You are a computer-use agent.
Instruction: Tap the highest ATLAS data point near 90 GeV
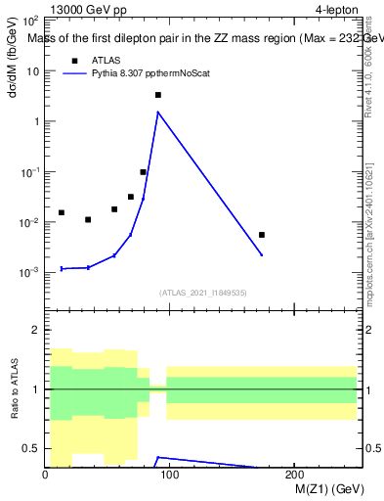tap(157, 95)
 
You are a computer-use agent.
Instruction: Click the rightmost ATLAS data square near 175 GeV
tap(262, 235)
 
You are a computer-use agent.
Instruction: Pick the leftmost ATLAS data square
tap(62, 212)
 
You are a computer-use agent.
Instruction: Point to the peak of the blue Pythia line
tap(157, 112)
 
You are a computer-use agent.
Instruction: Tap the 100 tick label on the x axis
tap(169, 476)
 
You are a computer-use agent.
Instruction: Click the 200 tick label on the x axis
tap(293, 476)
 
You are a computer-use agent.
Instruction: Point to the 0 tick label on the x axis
tap(45, 476)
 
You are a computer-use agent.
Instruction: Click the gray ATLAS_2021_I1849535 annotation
tap(203, 293)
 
